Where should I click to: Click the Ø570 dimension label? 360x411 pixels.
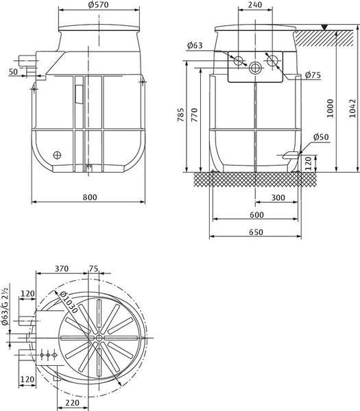[x=99, y=5]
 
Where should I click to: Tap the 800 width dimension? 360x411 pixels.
[x=90, y=197]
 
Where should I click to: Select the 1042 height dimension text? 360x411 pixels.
[x=352, y=108]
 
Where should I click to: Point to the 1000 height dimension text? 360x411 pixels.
[x=330, y=108]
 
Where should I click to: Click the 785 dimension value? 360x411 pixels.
[x=181, y=115]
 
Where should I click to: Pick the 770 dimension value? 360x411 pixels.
[x=195, y=115]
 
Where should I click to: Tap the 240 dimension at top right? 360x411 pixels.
[x=255, y=5]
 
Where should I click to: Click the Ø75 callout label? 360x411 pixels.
[x=313, y=75]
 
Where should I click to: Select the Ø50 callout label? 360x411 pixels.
[x=321, y=137]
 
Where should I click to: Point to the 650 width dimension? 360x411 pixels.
[x=256, y=232]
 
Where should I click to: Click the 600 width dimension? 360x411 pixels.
[x=256, y=214]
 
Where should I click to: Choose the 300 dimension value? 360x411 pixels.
[x=278, y=197]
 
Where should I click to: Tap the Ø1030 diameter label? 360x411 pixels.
[x=69, y=302]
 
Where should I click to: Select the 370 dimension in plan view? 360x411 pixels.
[x=62, y=269]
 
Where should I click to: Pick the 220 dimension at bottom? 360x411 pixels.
[x=72, y=403]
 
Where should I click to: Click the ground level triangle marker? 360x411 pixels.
[x=325, y=27]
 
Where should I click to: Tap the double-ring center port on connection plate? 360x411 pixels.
[x=255, y=68]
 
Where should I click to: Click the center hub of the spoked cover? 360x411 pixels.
[x=99, y=338]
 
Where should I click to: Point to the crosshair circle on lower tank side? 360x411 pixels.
[x=57, y=155]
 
